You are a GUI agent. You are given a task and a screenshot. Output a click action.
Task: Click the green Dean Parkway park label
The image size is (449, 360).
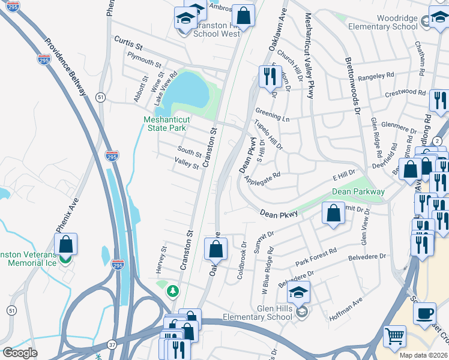tap(358, 192)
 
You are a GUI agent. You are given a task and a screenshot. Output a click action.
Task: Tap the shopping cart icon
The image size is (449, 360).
tap(394, 337)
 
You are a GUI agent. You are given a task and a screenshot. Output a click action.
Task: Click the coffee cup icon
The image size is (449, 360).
tap(426, 314)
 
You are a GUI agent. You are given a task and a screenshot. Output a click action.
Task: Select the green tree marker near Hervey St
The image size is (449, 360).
tap(173, 291)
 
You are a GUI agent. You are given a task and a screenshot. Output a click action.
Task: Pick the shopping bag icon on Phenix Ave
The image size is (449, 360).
tap(65, 244)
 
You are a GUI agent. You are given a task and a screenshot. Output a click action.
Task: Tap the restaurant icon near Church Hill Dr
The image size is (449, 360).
tap(267, 76)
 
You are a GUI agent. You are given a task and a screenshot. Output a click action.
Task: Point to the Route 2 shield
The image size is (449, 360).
tap(438, 140)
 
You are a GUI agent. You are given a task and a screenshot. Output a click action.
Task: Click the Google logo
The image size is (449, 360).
tap(20, 352)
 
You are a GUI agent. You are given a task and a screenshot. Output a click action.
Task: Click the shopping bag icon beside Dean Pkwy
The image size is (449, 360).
tap(333, 212)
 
